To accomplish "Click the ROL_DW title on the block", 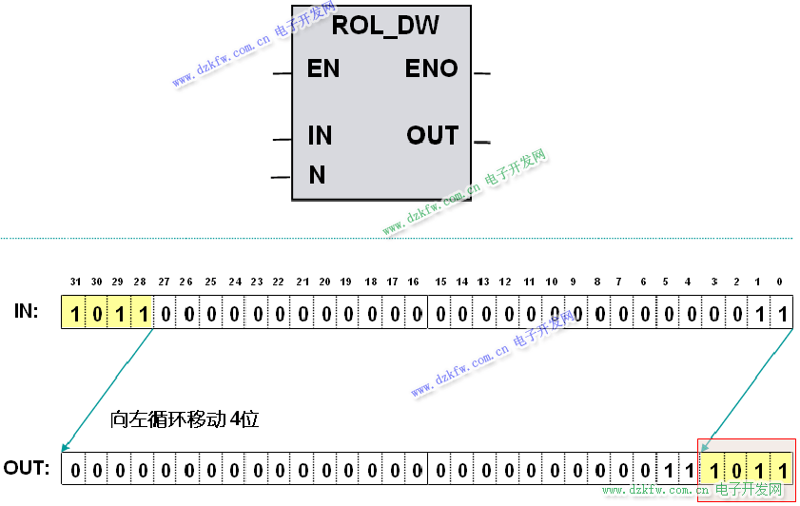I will pos(385,26).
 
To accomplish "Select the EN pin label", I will pos(323,69).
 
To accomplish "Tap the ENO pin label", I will pos(431,69).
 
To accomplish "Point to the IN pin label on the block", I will pos(320,136).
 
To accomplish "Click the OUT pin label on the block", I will pos(433,136).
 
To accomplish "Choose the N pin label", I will pos(317,175).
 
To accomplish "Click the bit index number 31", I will pos(75,282).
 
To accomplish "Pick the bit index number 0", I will pos(780,282).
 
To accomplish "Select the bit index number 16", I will pos(413,282).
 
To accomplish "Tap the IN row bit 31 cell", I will pos(74,313).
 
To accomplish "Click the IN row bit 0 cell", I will pos(781,313).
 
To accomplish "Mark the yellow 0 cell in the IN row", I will pos(97,313).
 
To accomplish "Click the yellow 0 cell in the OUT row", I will pos(734,470).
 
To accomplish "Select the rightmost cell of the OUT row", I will pos(781,470).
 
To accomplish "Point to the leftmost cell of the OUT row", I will pos(74,470).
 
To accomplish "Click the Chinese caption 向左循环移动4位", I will pos(185,418).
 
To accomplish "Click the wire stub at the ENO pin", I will pos(481,72).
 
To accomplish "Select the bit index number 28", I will pos(141,282).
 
